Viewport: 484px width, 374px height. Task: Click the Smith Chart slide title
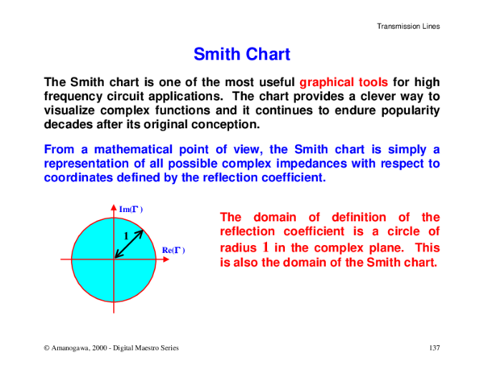coord(242,55)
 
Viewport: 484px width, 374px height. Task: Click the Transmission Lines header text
coord(408,27)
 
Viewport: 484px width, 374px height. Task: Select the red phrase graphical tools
coord(344,82)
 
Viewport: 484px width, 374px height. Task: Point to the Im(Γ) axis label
coord(131,210)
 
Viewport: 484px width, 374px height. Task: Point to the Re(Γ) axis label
coord(173,251)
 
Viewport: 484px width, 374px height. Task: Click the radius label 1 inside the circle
coord(127,235)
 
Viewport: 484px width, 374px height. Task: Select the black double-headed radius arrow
coord(129,244)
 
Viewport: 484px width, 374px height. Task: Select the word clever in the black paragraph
coord(338,97)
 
